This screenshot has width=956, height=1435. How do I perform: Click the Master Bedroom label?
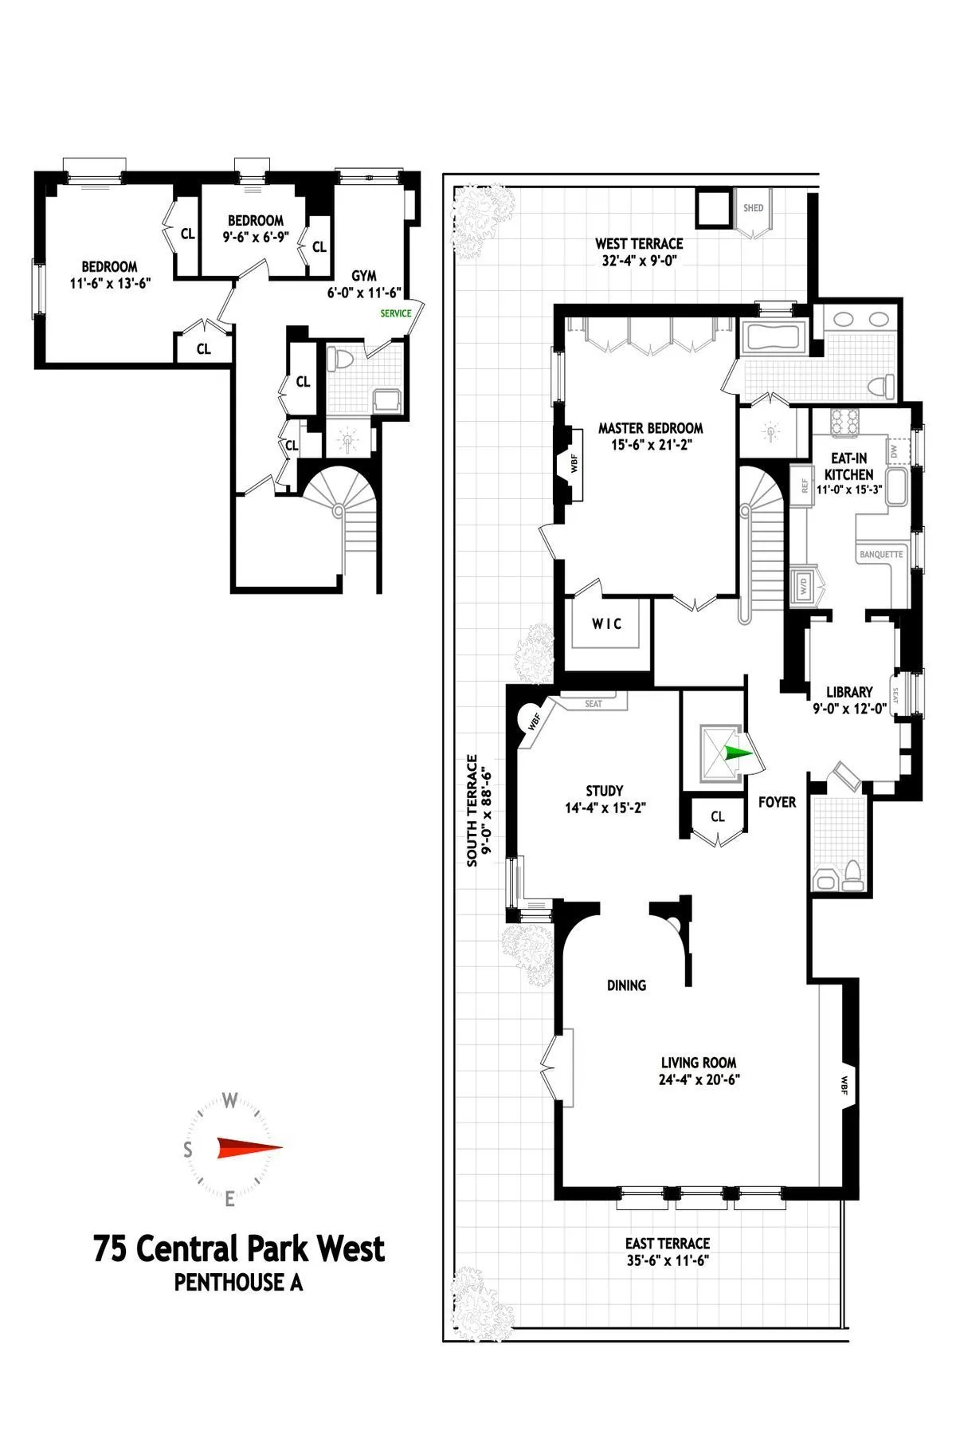[650, 428]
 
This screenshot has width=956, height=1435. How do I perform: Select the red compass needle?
[249, 1148]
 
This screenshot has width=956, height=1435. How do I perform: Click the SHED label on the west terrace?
[753, 208]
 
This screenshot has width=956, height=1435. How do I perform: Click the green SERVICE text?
[396, 313]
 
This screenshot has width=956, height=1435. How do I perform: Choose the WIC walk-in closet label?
[606, 623]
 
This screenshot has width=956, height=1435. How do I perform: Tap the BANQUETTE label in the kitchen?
[881, 554]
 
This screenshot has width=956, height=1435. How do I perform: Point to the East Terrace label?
[667, 1243]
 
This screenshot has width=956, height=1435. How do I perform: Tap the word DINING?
[626, 985]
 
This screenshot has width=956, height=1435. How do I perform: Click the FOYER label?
[777, 802]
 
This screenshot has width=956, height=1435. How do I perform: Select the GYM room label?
[364, 276]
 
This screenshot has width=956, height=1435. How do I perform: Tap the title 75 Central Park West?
[239, 1249]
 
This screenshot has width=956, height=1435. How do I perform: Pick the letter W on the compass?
[229, 1102]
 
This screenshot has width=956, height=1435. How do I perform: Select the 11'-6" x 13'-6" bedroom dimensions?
[110, 282]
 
